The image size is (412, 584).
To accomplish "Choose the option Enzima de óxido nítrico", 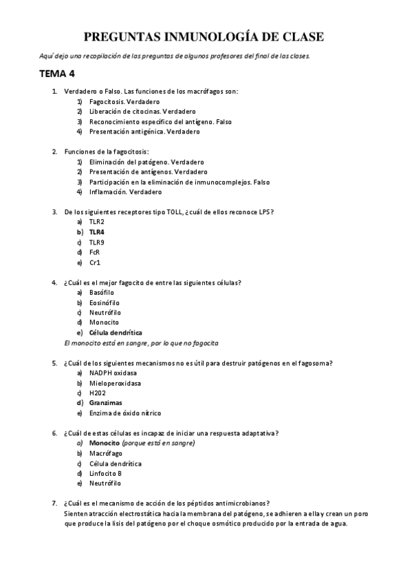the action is (x=125, y=413).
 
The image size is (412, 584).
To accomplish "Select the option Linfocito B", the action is (x=105, y=473).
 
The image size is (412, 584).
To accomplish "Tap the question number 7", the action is (x=55, y=503).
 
